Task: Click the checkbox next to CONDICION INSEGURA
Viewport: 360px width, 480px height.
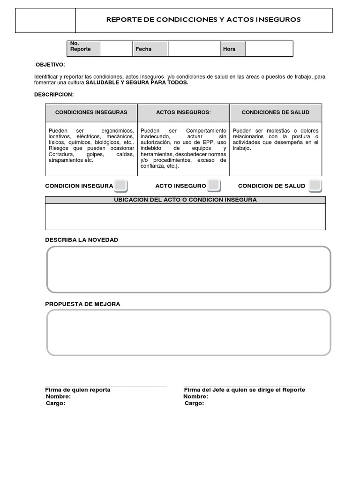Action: click(120, 186)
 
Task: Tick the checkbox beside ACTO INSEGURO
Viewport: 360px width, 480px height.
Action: click(214, 186)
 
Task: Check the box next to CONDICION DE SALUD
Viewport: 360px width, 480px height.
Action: click(315, 186)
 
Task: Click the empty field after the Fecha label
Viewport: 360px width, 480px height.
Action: click(194, 49)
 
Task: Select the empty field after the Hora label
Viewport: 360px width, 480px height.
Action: click(269, 49)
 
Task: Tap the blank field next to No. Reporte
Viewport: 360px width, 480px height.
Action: click(116, 49)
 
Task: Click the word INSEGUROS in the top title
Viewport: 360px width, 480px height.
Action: click(279, 20)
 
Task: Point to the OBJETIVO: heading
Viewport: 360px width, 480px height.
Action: click(51, 65)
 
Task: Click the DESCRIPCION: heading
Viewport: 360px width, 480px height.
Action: click(54, 95)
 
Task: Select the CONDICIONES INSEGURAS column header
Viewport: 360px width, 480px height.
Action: click(91, 112)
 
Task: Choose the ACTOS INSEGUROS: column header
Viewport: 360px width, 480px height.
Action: click(183, 112)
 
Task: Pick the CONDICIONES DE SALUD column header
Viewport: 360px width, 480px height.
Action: click(276, 112)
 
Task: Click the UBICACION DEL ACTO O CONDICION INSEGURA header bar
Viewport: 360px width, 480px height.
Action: click(185, 200)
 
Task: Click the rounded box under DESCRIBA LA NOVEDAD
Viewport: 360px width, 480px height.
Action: click(188, 270)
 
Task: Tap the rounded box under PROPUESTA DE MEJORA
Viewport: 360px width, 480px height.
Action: click(188, 333)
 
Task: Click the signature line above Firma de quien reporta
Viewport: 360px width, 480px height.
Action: click(106, 385)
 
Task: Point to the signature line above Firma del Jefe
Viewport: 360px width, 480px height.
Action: click(243, 385)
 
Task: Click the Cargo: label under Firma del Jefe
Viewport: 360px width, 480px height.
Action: click(194, 403)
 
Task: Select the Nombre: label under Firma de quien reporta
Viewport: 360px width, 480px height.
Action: click(58, 397)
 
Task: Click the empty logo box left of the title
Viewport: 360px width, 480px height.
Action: click(45, 21)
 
